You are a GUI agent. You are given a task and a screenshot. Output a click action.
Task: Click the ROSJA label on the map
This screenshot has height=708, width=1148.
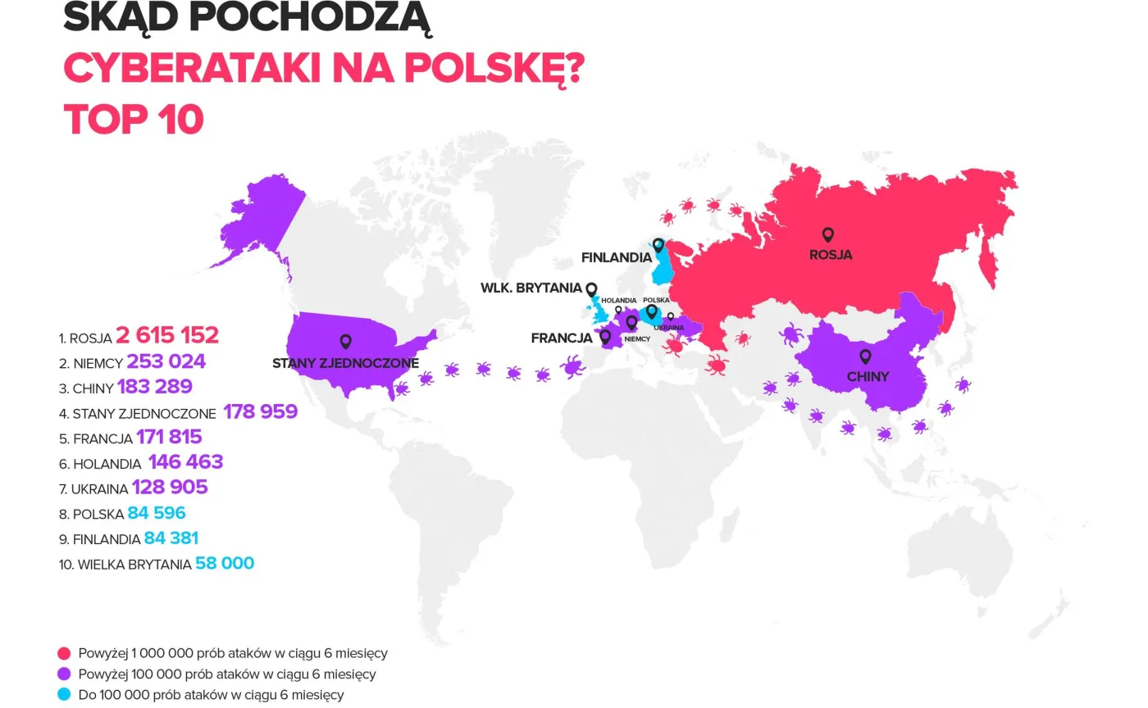830,255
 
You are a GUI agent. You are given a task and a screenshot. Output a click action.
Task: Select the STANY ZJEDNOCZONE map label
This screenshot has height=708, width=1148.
345,363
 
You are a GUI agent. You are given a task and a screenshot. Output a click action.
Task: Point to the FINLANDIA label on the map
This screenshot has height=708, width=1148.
616,257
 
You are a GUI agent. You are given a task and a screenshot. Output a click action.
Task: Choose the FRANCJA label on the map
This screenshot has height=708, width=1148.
562,338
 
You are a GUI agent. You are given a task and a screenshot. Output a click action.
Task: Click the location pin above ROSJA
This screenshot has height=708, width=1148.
827,235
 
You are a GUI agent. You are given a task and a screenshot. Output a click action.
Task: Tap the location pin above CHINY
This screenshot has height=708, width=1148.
864,356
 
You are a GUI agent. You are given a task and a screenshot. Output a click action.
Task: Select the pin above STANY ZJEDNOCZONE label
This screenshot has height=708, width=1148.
345,342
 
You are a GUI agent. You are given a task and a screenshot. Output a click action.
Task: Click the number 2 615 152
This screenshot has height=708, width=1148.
167,335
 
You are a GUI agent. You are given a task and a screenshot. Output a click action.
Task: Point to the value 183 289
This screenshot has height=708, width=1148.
155,387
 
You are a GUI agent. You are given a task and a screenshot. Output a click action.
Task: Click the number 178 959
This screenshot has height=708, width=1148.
260,411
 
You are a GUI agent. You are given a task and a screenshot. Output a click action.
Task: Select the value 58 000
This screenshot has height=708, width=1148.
225,564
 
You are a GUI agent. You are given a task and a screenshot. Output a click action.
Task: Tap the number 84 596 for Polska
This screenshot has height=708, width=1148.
157,513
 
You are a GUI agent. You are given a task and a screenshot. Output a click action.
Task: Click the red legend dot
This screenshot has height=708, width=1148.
64,654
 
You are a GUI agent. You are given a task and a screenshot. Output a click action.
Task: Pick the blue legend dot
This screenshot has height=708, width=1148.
64,695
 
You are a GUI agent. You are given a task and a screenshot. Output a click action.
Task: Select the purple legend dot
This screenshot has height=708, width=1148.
64,674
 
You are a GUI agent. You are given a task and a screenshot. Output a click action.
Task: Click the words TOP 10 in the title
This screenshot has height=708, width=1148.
134,120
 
